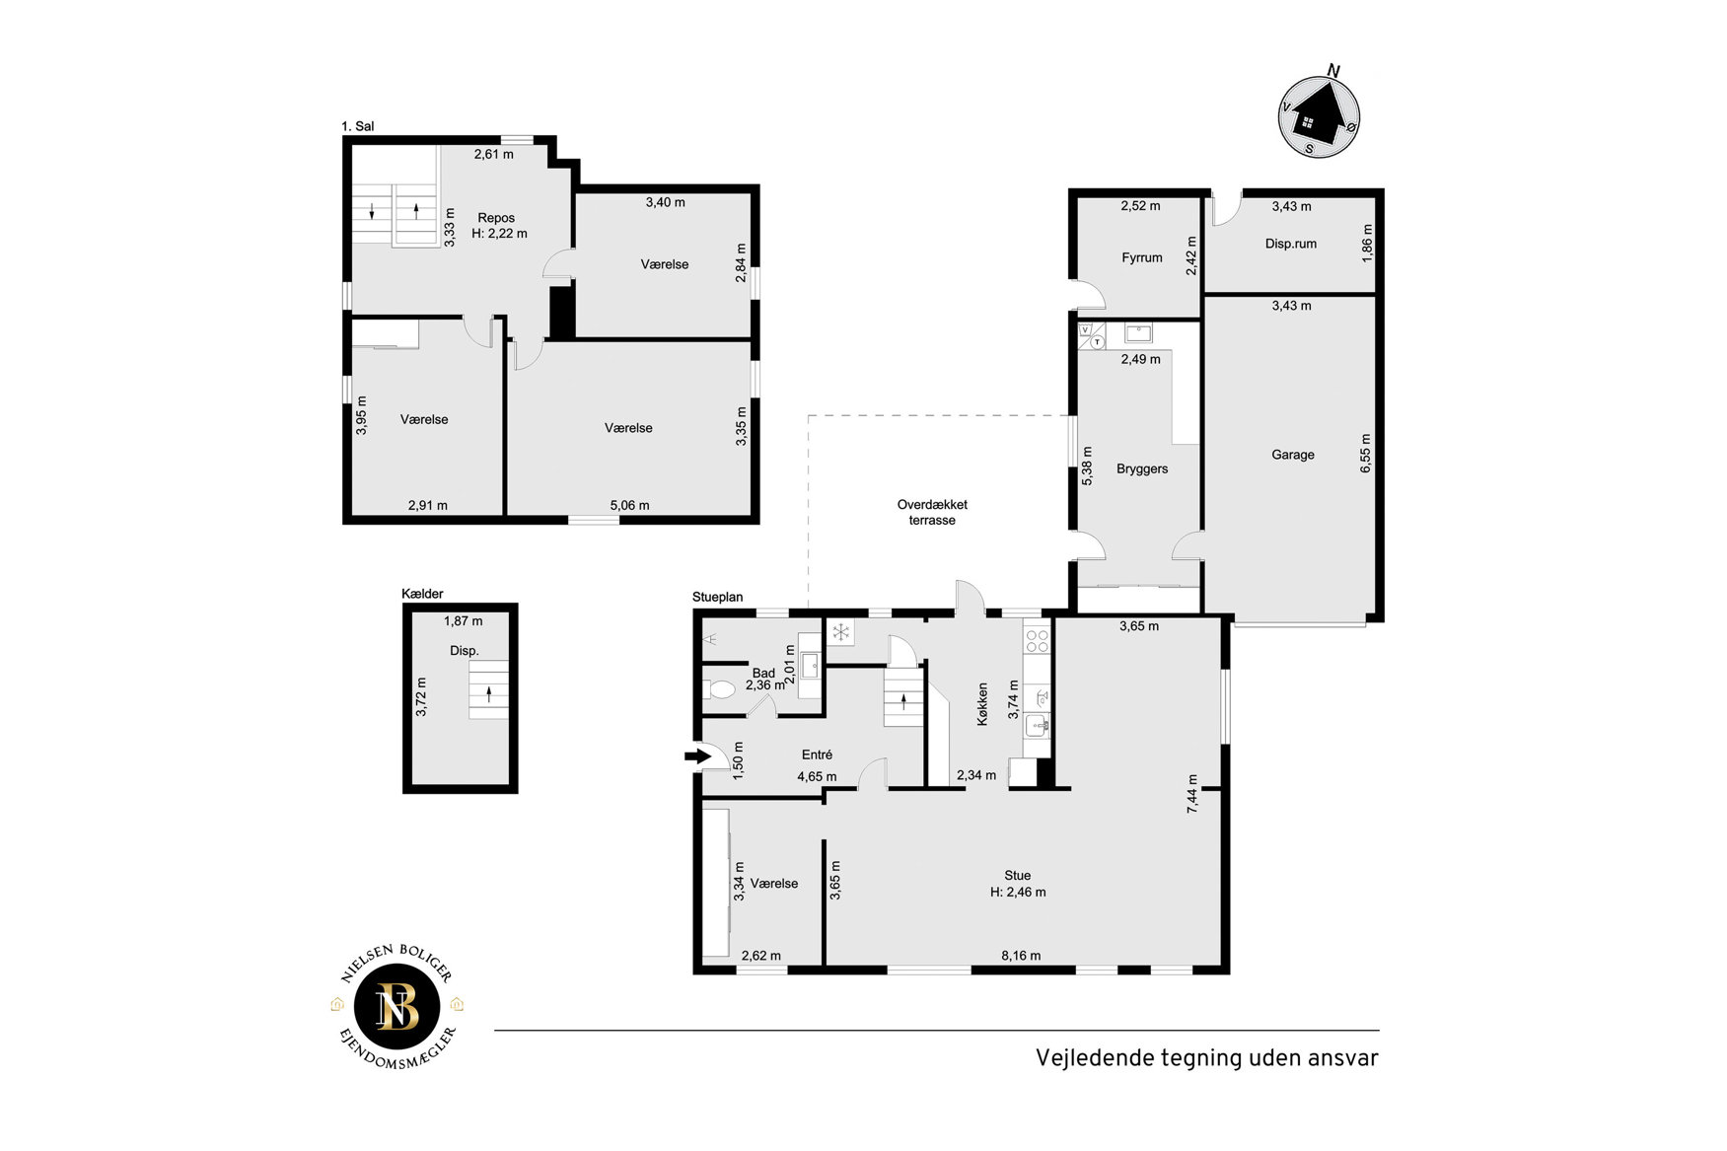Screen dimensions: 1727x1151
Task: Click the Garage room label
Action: click(1292, 455)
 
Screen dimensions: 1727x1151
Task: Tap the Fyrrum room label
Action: click(1141, 257)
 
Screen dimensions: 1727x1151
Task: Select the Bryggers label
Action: click(1142, 468)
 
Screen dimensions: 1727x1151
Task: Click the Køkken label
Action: click(982, 704)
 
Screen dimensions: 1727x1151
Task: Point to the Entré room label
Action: click(817, 755)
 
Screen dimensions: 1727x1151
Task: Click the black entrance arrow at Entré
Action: click(697, 756)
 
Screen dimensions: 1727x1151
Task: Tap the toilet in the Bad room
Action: click(719, 689)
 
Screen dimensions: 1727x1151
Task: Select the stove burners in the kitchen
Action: click(1037, 641)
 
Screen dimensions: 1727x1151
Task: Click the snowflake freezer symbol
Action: click(840, 632)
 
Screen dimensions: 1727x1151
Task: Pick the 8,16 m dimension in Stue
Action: click(1021, 955)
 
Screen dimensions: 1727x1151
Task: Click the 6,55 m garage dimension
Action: click(1366, 453)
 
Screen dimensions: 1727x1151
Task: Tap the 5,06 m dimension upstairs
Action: click(629, 505)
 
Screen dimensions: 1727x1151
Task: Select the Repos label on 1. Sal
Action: click(496, 218)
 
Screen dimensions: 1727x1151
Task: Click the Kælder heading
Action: click(422, 594)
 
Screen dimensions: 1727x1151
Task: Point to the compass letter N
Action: click(1333, 70)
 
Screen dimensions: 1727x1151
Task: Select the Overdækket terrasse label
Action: click(932, 512)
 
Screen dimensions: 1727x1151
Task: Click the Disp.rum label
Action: click(1290, 244)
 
